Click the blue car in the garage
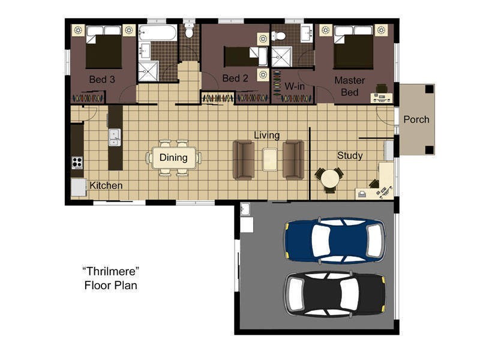point(335,241)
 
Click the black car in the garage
point(335,294)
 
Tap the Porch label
point(416,119)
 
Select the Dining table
point(173,158)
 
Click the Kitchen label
point(106,185)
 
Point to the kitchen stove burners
point(77,163)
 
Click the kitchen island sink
point(115,137)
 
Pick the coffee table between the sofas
point(269,159)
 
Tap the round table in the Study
point(329,179)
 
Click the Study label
point(350,155)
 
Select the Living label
point(266,135)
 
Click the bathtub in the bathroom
point(157,33)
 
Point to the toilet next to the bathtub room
point(190,30)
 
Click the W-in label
point(295,86)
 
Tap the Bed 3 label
point(102,79)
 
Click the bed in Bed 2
point(246,56)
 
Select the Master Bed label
point(350,86)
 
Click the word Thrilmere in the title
point(111,271)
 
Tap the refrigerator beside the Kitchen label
point(79,187)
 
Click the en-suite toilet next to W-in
point(279,36)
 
